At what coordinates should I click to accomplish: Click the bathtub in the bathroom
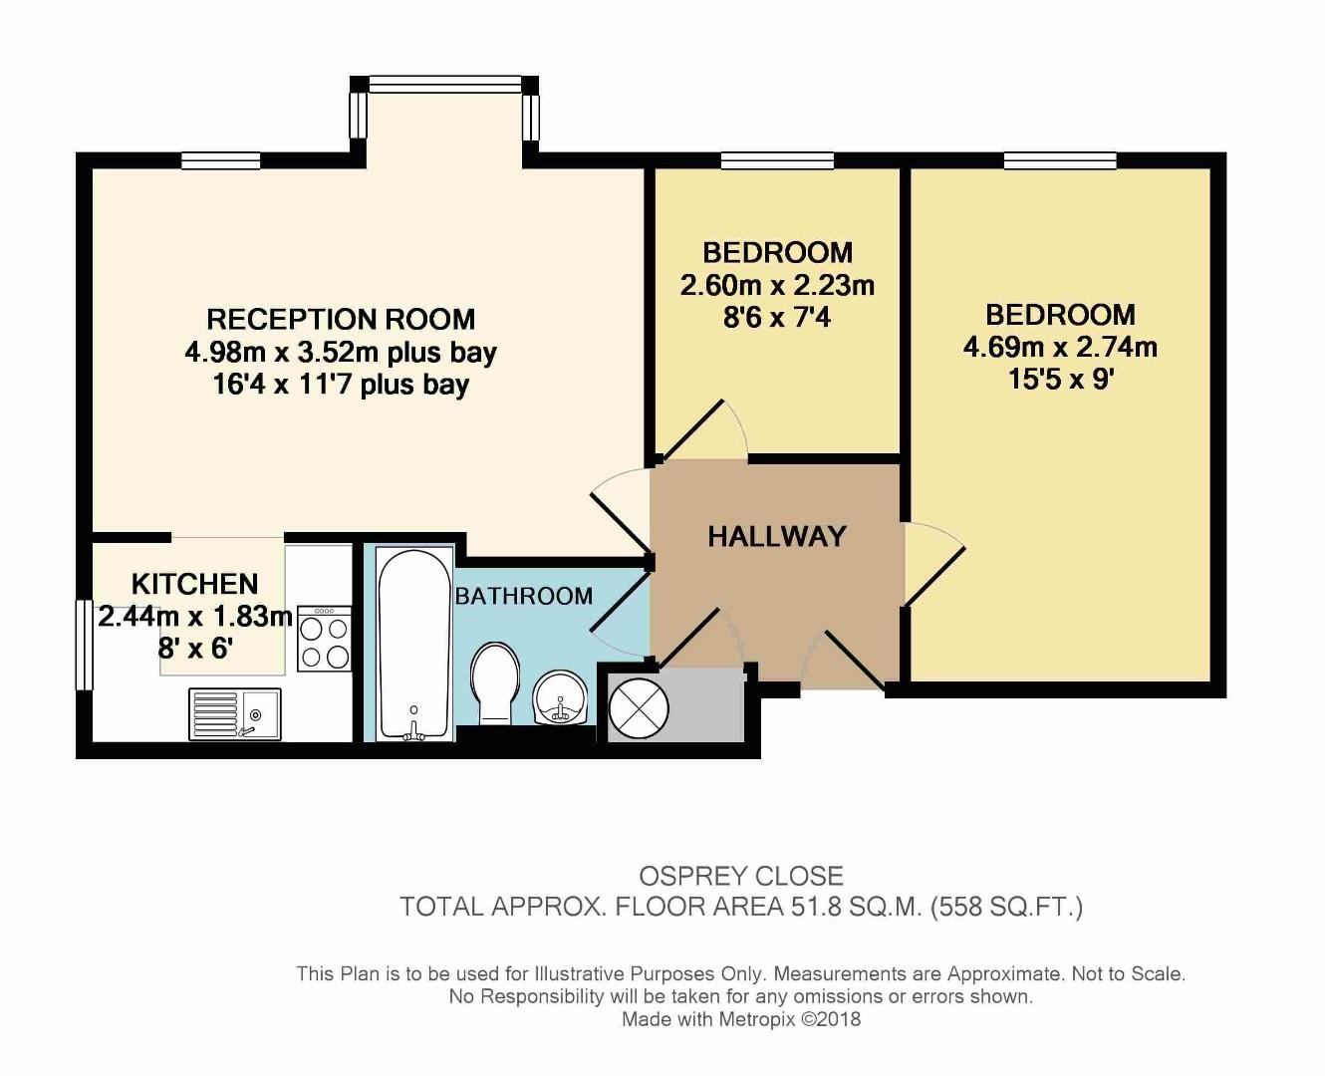413,644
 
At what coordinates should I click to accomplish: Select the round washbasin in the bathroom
560,699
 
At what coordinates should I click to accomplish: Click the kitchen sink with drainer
235,714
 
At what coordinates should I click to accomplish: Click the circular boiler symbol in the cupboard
639,708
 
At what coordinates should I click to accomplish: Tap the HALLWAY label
776,537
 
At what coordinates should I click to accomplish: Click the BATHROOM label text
524,597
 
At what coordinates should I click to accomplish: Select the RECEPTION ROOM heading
341,320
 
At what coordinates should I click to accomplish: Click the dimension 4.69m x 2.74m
1060,348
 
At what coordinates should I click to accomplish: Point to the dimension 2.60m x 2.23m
777,286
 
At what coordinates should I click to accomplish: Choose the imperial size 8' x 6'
195,649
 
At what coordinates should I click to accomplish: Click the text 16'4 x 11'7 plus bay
341,385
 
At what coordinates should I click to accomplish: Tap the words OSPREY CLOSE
740,876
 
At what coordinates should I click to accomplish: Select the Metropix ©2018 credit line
740,1019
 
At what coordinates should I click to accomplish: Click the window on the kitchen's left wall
84,645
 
